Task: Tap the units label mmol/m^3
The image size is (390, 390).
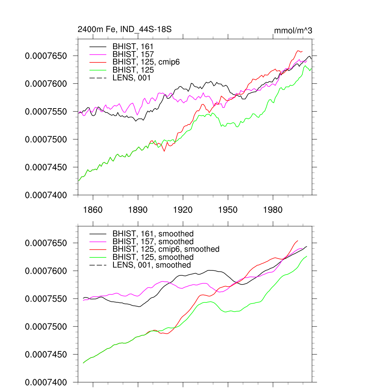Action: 293,30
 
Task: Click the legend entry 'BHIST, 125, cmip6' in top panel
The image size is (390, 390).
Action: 146,62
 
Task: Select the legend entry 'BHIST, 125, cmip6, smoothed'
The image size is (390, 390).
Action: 166,249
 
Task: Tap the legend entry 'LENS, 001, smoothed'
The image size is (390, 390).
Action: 152,265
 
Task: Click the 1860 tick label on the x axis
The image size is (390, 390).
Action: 93,210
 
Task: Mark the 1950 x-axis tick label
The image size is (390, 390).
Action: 228,210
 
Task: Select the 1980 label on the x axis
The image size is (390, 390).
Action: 273,210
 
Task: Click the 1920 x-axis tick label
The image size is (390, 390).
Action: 183,210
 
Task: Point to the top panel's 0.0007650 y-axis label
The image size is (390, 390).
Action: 46,56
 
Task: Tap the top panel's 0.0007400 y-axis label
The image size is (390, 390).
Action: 46,195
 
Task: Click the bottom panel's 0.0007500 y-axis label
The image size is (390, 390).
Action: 46,327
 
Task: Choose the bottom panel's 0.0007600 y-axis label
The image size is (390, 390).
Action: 46,271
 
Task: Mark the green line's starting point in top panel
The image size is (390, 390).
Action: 78,181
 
